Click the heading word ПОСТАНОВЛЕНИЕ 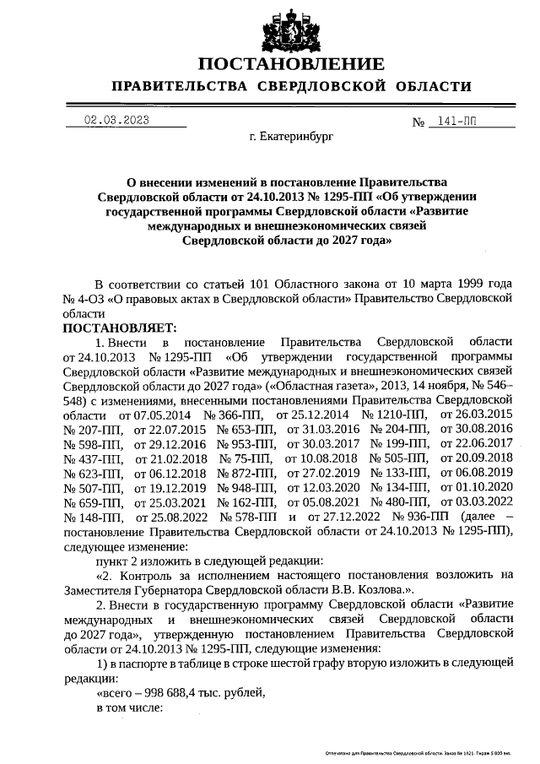(x=291, y=64)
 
